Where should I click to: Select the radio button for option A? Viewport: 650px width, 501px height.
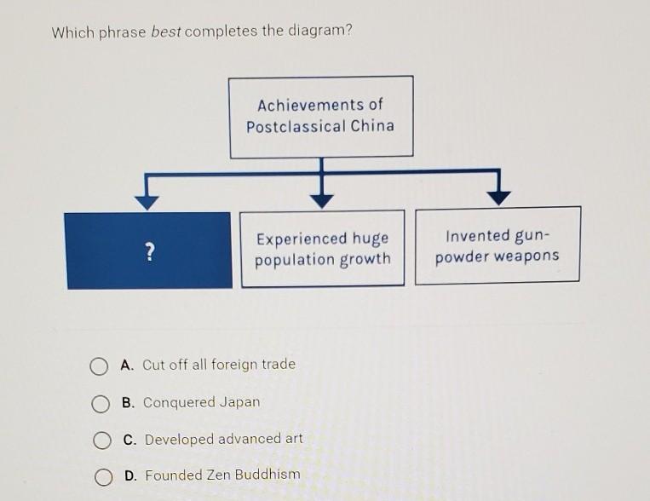100,366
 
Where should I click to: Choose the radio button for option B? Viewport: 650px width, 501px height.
101,403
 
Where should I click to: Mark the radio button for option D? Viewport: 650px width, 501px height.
104,477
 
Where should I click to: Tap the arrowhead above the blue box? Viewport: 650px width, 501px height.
147,202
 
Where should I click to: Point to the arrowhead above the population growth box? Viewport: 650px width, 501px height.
321,200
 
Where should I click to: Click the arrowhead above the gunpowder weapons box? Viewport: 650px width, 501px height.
498,198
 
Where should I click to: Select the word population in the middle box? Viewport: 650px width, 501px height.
292,260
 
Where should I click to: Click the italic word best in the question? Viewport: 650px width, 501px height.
165,32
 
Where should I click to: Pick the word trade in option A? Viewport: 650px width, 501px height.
278,364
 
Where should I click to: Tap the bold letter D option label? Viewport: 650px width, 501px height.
129,475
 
